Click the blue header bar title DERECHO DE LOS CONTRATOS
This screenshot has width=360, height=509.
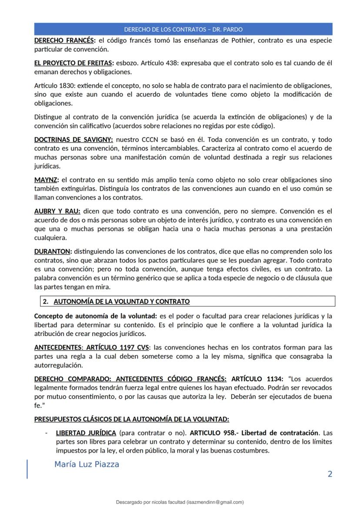183,30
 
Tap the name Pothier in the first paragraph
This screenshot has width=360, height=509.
242,40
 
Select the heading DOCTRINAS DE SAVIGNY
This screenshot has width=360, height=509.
73,140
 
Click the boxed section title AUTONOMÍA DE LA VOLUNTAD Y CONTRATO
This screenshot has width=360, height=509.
121,301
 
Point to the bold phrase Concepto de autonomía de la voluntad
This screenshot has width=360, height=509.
96,316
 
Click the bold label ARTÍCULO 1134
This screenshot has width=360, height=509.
257,379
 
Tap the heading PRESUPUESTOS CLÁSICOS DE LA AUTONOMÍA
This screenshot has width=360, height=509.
131,419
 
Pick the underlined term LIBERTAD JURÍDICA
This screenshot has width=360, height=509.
86,433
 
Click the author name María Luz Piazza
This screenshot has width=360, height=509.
87,464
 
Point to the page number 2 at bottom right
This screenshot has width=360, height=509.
330,474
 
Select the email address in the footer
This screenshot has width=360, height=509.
215,502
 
